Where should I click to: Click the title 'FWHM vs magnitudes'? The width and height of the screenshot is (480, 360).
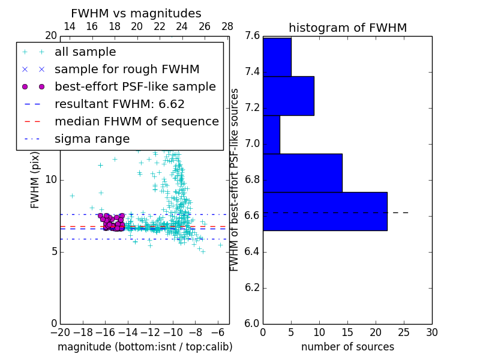point(136,13)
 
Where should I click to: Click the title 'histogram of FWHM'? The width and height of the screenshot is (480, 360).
point(347,28)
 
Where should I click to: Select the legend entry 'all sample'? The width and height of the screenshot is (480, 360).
point(85,52)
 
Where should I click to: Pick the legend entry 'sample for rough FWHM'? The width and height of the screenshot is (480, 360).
point(127,70)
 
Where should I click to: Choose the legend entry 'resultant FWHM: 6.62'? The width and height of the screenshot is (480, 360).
point(119,104)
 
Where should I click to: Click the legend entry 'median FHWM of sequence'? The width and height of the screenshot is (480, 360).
point(136,122)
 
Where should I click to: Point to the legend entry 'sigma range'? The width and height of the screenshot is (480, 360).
point(92,139)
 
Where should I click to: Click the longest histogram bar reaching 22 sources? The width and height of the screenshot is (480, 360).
point(325,211)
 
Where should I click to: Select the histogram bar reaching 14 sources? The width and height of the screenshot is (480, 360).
point(302,173)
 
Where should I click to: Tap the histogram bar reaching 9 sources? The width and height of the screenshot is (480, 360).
point(288,95)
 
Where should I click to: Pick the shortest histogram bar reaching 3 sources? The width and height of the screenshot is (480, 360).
point(271,134)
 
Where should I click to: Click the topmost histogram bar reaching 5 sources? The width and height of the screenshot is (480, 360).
point(277,57)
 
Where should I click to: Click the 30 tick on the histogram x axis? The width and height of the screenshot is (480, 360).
point(431,332)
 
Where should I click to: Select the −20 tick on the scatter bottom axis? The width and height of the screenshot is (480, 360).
point(60,332)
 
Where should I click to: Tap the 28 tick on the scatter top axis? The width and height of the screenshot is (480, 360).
point(227,26)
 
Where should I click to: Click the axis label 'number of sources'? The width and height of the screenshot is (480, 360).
point(347,347)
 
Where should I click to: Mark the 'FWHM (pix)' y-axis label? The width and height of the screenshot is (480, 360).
point(35,179)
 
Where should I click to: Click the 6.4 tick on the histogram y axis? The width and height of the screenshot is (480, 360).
point(252,251)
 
